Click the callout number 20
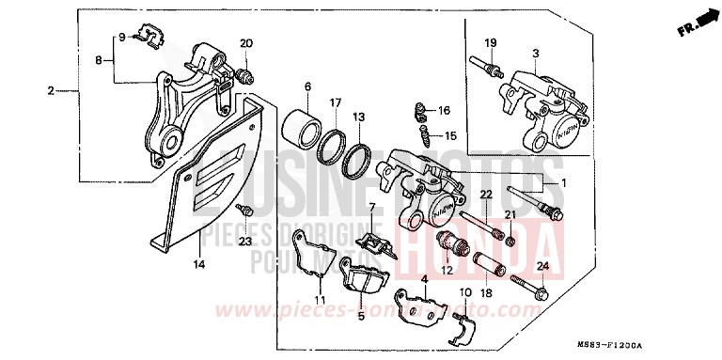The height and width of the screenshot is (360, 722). click(x=246, y=44)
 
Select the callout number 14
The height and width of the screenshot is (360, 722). click(x=197, y=265)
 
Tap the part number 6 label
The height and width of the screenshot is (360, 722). click(x=307, y=87)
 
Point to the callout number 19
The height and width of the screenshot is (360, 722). click(x=490, y=43)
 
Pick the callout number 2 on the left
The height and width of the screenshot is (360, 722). click(x=51, y=92)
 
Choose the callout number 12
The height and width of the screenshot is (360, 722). click(x=446, y=270)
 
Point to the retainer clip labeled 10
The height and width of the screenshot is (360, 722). click(x=462, y=325)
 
